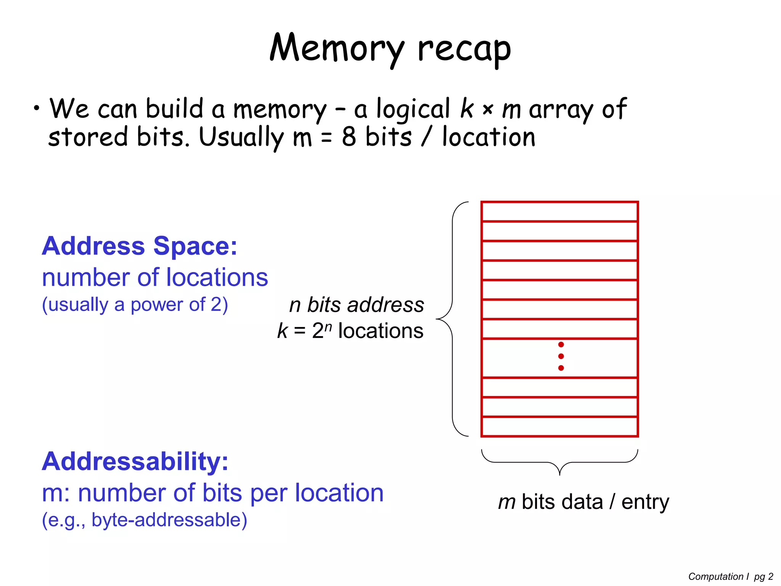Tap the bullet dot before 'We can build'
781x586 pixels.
pyautogui.click(x=36, y=108)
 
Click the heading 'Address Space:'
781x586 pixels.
pyautogui.click(x=140, y=246)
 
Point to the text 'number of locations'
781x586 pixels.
pyautogui.click(x=155, y=277)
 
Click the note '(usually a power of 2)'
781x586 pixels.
pyautogui.click(x=135, y=305)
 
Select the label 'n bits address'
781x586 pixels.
pyautogui.click(x=357, y=305)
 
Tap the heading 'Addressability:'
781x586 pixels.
pyautogui.click(x=135, y=462)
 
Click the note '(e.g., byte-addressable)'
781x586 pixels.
pyautogui.click(x=145, y=520)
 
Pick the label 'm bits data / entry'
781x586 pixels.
pyautogui.click(x=583, y=502)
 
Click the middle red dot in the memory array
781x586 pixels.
pyautogui.click(x=561, y=356)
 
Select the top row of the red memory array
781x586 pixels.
pyautogui.click(x=559, y=212)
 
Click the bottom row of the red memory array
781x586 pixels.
pyautogui.click(x=559, y=427)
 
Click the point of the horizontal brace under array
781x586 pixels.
pyautogui.click(x=559, y=474)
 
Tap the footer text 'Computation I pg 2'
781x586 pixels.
pyautogui.click(x=731, y=576)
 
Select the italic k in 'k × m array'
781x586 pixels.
pyautogui.click(x=467, y=109)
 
